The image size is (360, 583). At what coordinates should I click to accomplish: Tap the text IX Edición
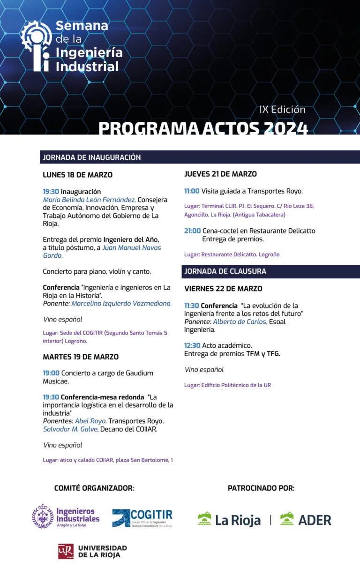point(282,110)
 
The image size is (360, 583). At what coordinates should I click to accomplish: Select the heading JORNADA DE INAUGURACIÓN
point(92,157)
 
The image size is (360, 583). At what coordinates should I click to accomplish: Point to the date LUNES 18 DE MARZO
point(77,175)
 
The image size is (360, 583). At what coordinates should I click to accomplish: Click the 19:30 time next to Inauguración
point(51,192)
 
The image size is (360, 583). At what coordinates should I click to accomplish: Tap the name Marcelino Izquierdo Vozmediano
point(121,304)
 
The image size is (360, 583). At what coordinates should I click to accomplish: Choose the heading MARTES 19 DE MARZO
point(81,357)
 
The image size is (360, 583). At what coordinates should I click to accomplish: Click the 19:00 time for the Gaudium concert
point(51,373)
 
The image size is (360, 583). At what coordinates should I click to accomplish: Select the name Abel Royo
point(90,421)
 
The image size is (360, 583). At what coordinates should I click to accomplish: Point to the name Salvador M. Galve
point(70,429)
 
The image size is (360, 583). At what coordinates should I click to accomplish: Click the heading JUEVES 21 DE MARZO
point(220,174)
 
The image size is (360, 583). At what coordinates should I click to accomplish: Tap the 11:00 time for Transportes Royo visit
point(192,191)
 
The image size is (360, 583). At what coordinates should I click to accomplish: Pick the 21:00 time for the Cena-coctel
point(192,231)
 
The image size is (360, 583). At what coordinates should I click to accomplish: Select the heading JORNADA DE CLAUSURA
point(225,271)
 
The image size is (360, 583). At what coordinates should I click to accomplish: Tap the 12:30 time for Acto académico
point(192,346)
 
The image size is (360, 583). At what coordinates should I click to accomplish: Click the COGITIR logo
point(142,518)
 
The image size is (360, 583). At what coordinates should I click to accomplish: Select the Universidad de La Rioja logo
point(92,552)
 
